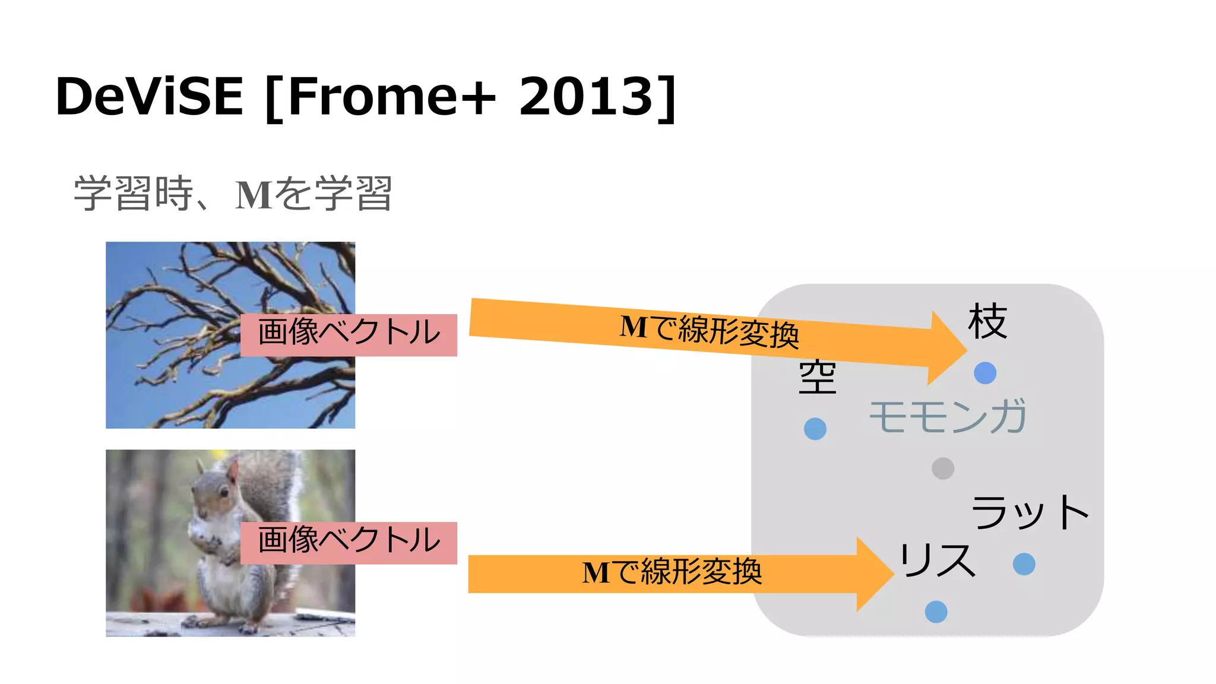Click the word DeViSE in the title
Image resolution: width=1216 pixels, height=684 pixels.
[149, 96]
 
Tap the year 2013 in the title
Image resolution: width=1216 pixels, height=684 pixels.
[586, 96]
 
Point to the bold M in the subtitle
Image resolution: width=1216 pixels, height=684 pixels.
[254, 195]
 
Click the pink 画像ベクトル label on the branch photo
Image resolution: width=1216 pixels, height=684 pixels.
[349, 334]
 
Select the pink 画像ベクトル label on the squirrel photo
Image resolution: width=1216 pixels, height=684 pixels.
[349, 542]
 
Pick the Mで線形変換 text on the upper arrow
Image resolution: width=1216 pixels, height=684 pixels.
[709, 330]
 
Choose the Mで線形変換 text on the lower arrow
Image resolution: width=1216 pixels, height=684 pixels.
[672, 572]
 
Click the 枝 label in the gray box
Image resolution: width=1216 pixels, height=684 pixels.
[987, 321]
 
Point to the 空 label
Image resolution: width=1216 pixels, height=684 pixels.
[818, 377]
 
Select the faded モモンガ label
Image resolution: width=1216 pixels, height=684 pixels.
[948, 416]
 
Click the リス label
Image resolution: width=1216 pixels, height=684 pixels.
[937, 560]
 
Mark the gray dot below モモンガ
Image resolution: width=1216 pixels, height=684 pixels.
[943, 468]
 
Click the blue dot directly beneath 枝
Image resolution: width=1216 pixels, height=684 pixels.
[985, 373]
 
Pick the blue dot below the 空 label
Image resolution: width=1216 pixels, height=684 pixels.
[815, 429]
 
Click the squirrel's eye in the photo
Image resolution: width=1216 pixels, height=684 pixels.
[224, 492]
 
